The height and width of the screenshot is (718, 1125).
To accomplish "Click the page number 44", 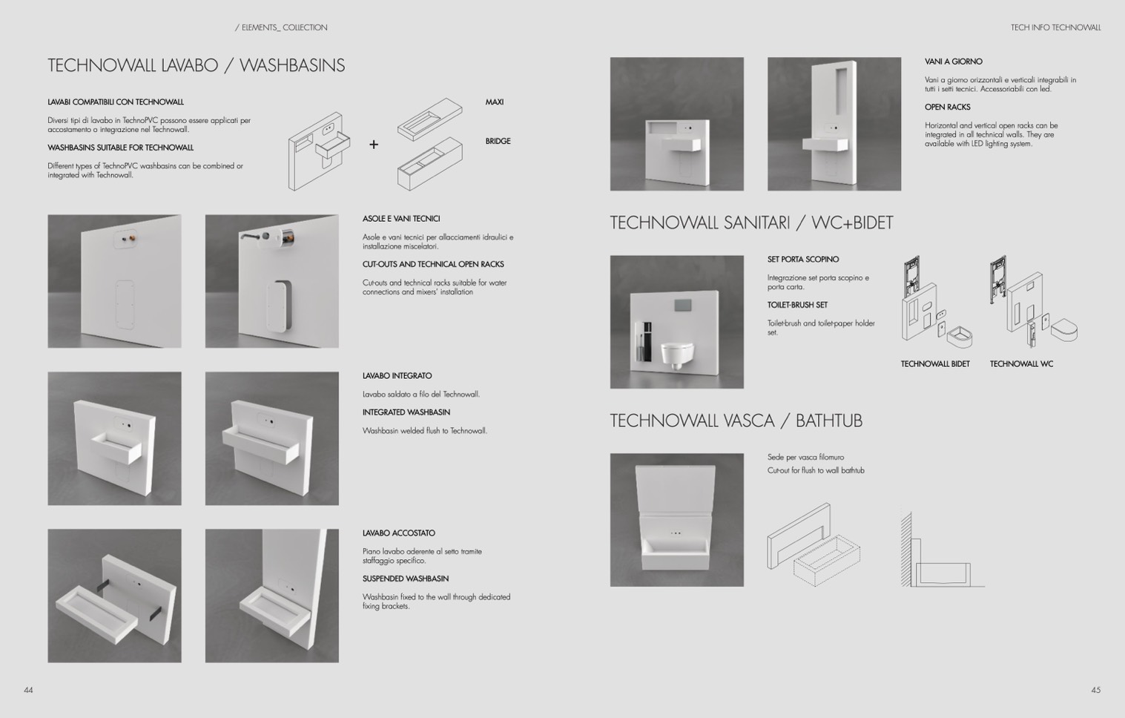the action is pyautogui.click(x=28, y=690).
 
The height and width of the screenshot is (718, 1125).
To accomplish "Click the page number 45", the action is pyautogui.click(x=1096, y=690).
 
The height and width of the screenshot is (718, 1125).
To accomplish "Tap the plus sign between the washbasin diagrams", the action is pyautogui.click(x=374, y=145).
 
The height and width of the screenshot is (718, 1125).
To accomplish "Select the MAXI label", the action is pyautogui.click(x=494, y=102).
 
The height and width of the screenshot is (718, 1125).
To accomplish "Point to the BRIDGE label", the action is pyautogui.click(x=498, y=141).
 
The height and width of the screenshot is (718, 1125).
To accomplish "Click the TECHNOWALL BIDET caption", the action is pyautogui.click(x=935, y=363).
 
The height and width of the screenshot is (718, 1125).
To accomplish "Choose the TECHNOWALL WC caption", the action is pyautogui.click(x=1021, y=363).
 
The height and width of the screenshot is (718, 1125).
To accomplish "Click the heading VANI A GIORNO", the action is pyautogui.click(x=953, y=62).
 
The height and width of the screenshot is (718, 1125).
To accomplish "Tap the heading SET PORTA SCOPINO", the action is pyautogui.click(x=803, y=260).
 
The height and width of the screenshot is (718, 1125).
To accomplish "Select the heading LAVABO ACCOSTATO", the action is pyautogui.click(x=399, y=533).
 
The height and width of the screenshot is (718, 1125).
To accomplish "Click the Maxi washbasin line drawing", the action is pyautogui.click(x=430, y=119).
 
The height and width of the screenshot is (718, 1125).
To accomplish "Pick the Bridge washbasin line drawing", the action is pyautogui.click(x=430, y=164).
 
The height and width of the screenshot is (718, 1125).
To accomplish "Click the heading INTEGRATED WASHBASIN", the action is pyautogui.click(x=406, y=412).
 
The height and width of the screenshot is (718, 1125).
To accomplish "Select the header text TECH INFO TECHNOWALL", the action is pyautogui.click(x=1056, y=27).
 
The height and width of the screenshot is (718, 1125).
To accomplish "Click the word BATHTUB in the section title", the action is pyautogui.click(x=828, y=421).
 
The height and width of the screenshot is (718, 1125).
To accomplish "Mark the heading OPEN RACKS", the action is pyautogui.click(x=947, y=107).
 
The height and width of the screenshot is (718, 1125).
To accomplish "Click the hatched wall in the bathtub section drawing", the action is pyautogui.click(x=906, y=550).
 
